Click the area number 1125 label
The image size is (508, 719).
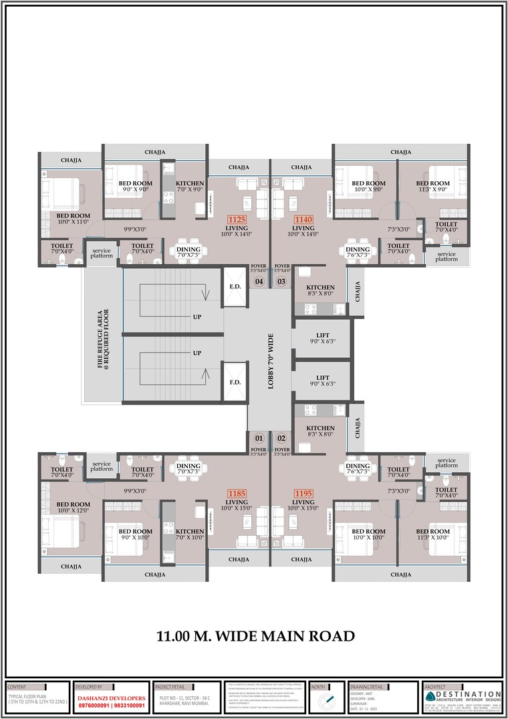[x=237, y=219]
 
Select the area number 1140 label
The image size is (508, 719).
[x=304, y=219]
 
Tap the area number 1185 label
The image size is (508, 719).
[x=237, y=494]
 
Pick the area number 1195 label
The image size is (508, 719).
[x=304, y=494]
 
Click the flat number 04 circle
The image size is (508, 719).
[x=259, y=282]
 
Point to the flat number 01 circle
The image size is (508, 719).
[x=259, y=439]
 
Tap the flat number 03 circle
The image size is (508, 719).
[x=281, y=282]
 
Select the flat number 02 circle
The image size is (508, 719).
[x=281, y=439]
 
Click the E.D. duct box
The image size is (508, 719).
[x=235, y=286]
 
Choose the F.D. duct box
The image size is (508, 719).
[x=235, y=383]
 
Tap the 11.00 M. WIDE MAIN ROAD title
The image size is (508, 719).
[x=255, y=636]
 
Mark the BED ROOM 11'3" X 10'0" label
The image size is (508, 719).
[x=433, y=535]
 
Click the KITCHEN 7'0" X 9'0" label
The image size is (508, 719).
[x=190, y=187]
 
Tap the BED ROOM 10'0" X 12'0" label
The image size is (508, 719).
[x=73, y=508]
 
